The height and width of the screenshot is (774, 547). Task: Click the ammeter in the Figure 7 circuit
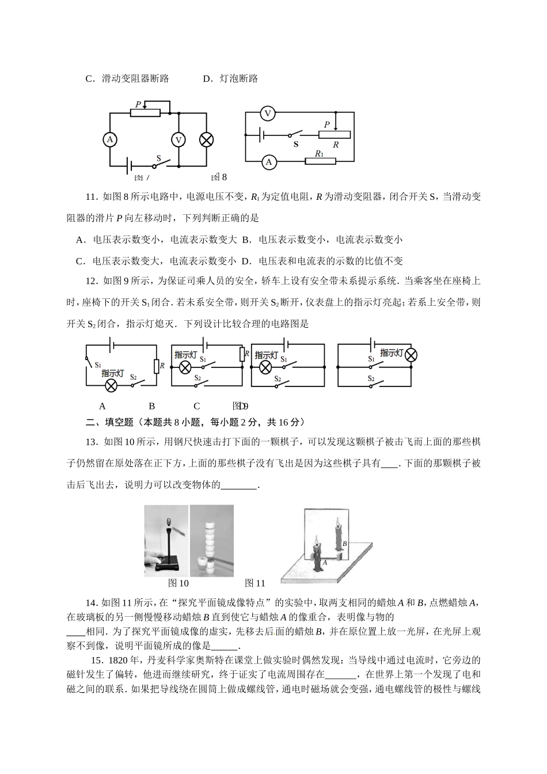tap(109, 139)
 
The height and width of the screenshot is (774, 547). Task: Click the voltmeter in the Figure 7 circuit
tap(178, 139)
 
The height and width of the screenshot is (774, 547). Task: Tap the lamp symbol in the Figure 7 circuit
tap(206, 139)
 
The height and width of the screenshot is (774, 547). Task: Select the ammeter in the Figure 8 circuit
tap(268, 162)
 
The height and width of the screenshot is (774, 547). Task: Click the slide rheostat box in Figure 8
tap(334, 135)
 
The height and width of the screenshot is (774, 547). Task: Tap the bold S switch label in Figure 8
tap(296, 145)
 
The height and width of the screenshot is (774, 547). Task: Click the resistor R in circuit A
tap(155, 366)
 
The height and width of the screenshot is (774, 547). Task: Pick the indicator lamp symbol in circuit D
tap(411, 354)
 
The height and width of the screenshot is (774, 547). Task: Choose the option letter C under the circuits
tap(197, 406)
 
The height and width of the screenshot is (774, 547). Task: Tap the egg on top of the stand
tap(169, 522)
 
